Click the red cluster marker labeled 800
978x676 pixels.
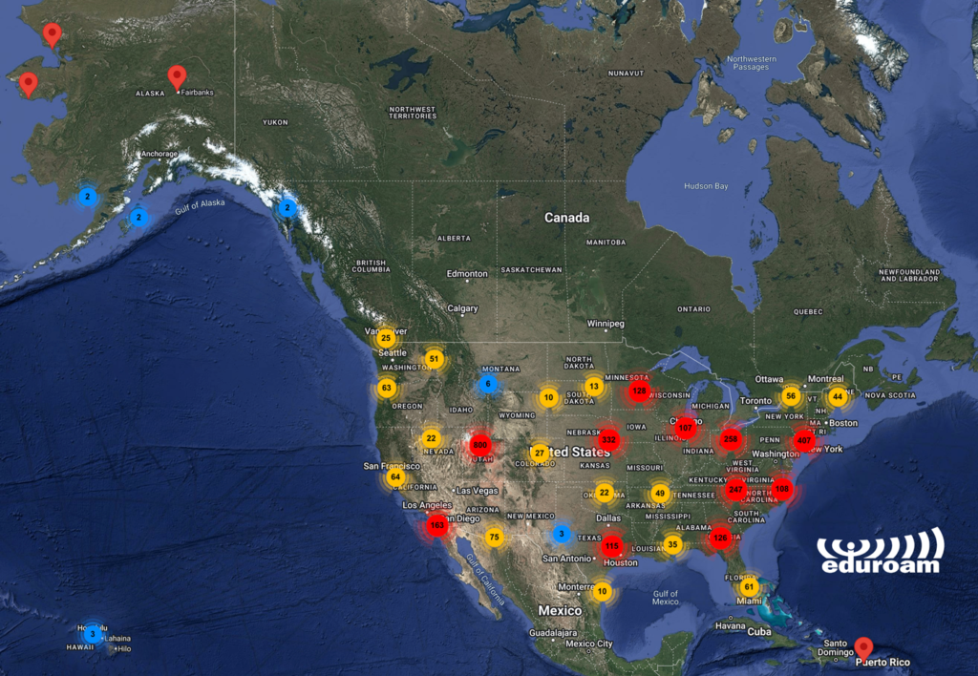[x=479, y=444]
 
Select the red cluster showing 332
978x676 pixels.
[x=608, y=440]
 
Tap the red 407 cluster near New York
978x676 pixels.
[x=803, y=441]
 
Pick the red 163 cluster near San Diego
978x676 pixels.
[x=437, y=524]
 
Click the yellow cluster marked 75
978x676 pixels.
[x=494, y=538]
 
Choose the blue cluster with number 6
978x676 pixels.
[x=488, y=384]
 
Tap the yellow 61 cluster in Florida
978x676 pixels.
[x=749, y=587]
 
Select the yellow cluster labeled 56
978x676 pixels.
[x=790, y=396]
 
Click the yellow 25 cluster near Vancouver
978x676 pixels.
[x=386, y=338]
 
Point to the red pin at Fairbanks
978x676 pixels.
[x=177, y=76]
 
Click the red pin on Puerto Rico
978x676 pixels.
[x=864, y=647]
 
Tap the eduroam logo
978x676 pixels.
[x=879, y=552]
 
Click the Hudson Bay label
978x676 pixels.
[x=706, y=185]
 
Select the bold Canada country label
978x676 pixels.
[x=566, y=218]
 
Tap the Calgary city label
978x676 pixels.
[x=462, y=308]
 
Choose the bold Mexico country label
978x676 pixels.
[x=560, y=610]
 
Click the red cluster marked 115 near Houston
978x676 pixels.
[x=612, y=545]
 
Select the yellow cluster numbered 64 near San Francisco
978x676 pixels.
[x=395, y=476]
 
